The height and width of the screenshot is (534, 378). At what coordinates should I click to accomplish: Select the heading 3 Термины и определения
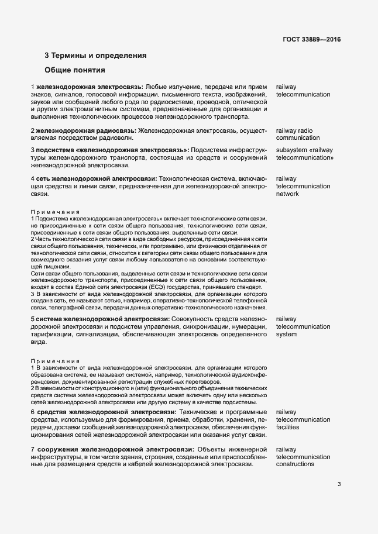click(95, 56)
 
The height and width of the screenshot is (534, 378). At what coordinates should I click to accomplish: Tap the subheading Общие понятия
click(74, 71)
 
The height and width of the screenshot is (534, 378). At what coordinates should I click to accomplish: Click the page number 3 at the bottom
click(339, 484)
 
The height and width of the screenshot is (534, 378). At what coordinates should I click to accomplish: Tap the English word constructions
click(295, 464)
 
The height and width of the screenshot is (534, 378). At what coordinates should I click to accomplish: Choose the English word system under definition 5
click(287, 334)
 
